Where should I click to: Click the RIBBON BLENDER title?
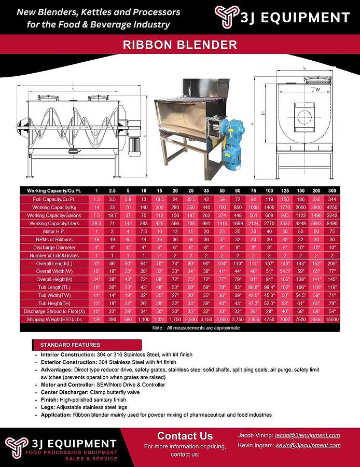pos(179,45)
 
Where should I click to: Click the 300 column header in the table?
pos(331,190)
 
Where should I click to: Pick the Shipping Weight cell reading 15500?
pos(332,320)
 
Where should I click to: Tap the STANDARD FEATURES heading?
pos(70,345)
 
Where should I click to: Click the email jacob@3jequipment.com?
pos(308,435)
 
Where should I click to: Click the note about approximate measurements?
pos(196,328)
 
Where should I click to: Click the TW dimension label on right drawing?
pos(316,89)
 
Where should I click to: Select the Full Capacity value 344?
pos(332,199)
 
